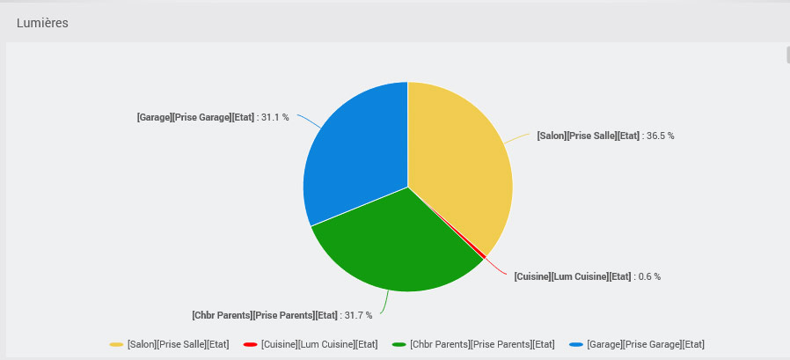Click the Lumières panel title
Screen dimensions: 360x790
42,23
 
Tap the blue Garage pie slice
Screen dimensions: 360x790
352,158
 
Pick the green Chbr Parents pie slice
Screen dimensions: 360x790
396,242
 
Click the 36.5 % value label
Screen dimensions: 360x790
660,136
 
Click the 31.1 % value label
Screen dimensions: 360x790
275,117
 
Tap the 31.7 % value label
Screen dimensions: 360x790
358,315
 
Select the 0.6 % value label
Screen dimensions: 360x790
648,276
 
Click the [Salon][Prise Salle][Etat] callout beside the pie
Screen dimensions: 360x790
588,136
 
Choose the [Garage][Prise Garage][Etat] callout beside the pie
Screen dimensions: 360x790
195,117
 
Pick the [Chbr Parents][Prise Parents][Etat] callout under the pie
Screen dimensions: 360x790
265,315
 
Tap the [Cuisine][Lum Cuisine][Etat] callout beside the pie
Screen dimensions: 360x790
573,276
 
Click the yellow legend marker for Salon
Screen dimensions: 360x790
116,344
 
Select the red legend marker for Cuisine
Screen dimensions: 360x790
250,344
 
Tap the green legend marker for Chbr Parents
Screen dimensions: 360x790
399,344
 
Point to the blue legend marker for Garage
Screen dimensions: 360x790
576,344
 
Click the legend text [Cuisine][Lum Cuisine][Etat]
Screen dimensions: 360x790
319,344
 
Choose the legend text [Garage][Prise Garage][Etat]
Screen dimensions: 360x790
646,344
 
